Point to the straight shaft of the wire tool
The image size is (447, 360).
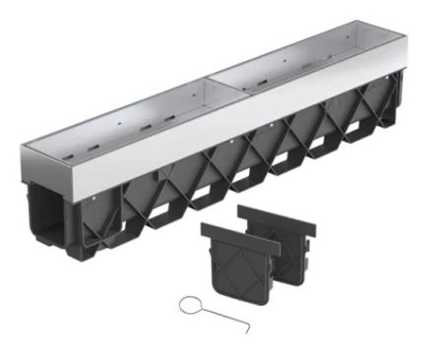[223, 318]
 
